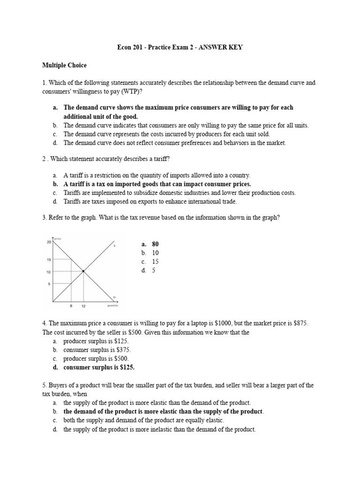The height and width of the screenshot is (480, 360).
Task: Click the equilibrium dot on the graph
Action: (83, 271)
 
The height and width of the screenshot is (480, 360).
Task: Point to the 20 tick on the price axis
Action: (49, 242)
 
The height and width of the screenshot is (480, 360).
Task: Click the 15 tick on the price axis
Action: (48, 259)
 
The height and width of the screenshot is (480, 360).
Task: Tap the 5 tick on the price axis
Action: (48, 284)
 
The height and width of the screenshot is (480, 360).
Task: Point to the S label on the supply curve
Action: (114, 246)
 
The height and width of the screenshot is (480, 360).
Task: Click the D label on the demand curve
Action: (114, 297)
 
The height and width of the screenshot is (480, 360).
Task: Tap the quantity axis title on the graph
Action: (112, 306)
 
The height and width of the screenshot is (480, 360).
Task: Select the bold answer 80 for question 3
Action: (155, 244)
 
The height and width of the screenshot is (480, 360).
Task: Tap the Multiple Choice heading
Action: (64, 66)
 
